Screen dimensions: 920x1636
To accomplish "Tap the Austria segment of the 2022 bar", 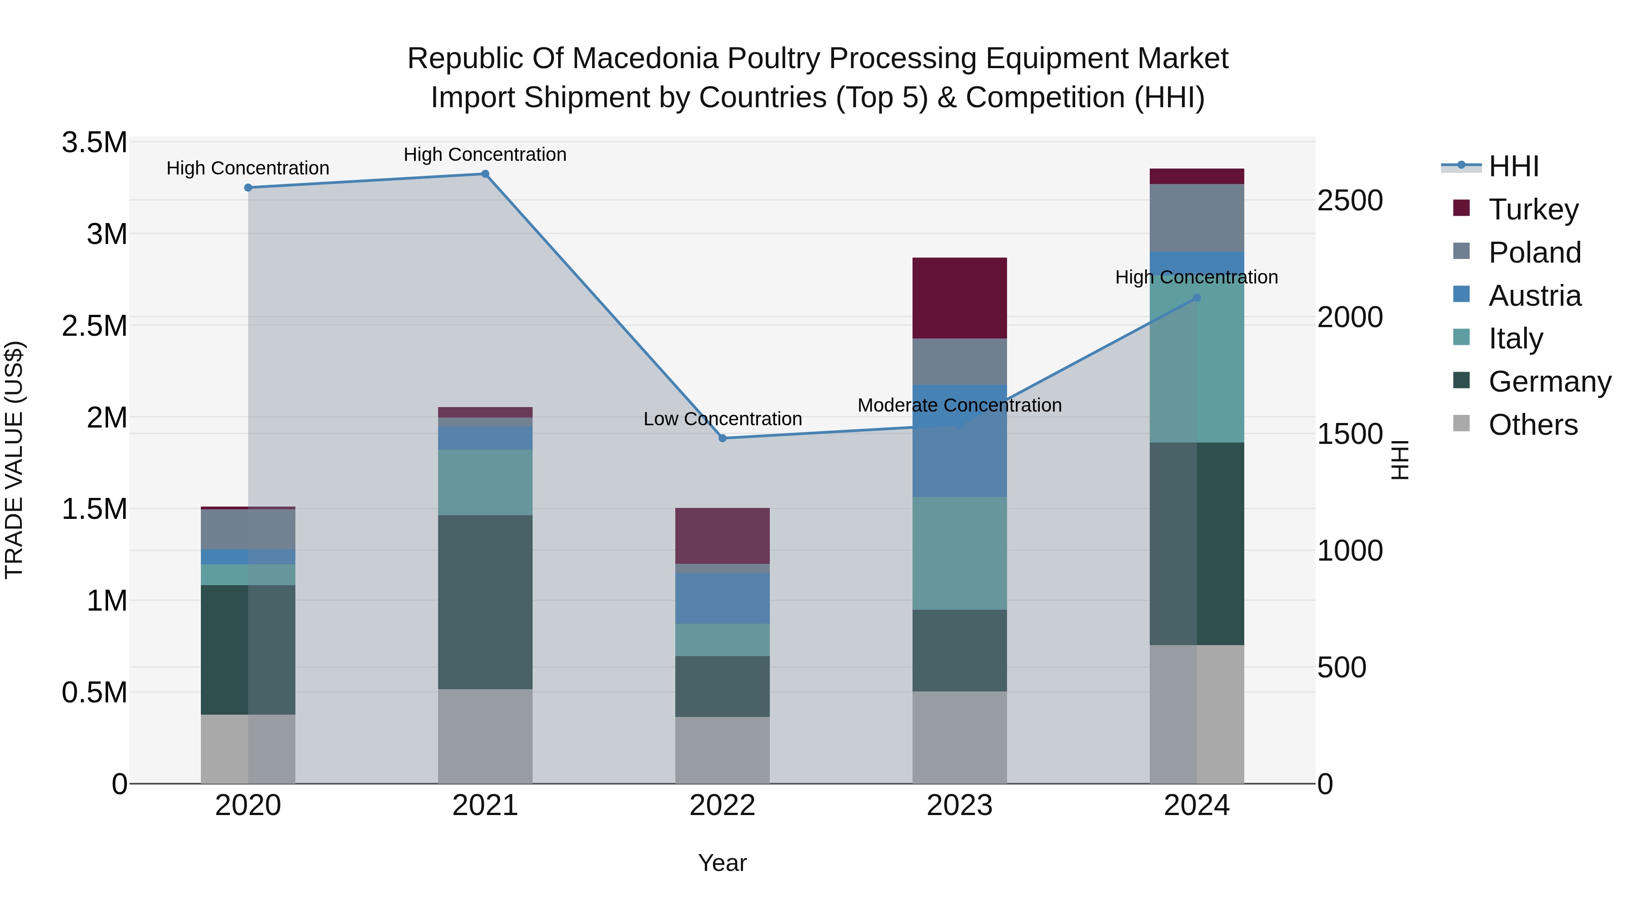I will click(x=722, y=598).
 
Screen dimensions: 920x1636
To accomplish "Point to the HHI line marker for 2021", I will click(x=485, y=174).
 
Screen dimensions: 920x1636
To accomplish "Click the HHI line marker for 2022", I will click(x=722, y=438).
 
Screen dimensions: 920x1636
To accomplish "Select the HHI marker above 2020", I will click(x=248, y=187).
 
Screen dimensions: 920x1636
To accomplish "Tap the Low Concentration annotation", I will click(x=722, y=419).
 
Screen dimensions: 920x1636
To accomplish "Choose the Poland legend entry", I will click(x=1534, y=253).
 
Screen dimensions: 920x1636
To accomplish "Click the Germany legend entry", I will click(x=1549, y=382).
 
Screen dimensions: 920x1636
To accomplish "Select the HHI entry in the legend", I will click(x=1513, y=166).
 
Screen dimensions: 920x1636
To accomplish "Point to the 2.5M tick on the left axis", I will click(x=95, y=326).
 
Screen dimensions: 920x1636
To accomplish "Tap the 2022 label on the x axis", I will click(x=722, y=806).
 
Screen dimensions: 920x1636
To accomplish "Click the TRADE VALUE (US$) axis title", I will click(x=14, y=460).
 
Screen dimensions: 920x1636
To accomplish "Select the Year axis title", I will click(x=722, y=863).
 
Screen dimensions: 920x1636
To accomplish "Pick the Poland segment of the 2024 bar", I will click(x=1197, y=218).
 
